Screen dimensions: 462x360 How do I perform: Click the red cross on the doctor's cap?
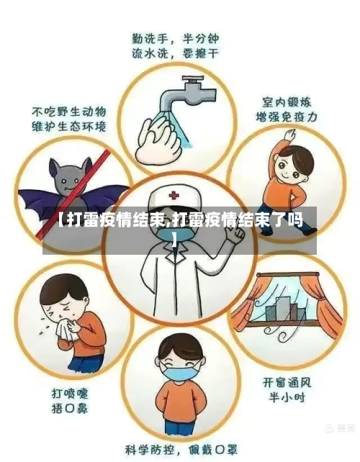click(x=173, y=195)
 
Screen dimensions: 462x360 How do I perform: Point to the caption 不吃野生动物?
click(x=68, y=112)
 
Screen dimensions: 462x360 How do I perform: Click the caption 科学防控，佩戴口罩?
click(x=180, y=449)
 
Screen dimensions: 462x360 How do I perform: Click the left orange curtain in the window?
click(x=248, y=306)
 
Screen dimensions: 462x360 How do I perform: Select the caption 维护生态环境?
click(x=68, y=126)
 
